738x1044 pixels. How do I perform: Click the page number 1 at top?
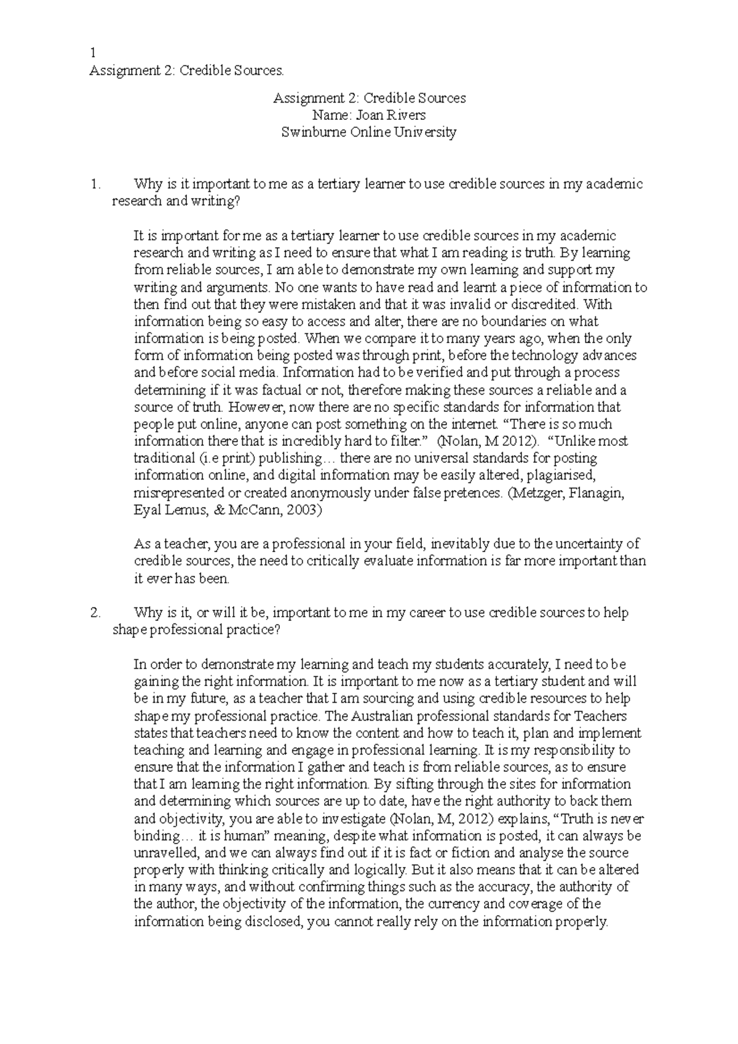[x=92, y=53]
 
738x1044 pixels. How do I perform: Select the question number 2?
[x=95, y=613]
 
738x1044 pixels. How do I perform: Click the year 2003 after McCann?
[x=302, y=510]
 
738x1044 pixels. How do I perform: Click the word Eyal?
[x=147, y=510]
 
